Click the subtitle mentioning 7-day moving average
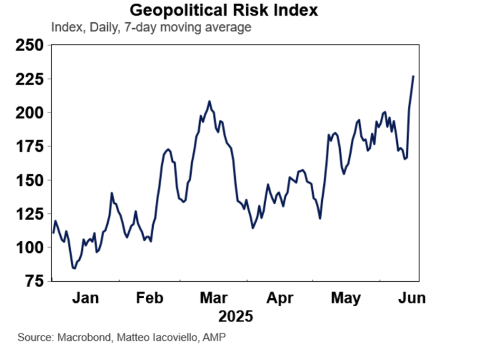click(151, 27)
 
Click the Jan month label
click(86, 298)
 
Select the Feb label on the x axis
click(149, 298)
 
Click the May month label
click(346, 298)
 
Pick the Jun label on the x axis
click(410, 298)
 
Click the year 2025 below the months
click(236, 317)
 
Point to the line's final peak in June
click(414, 76)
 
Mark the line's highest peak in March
click(209, 101)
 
